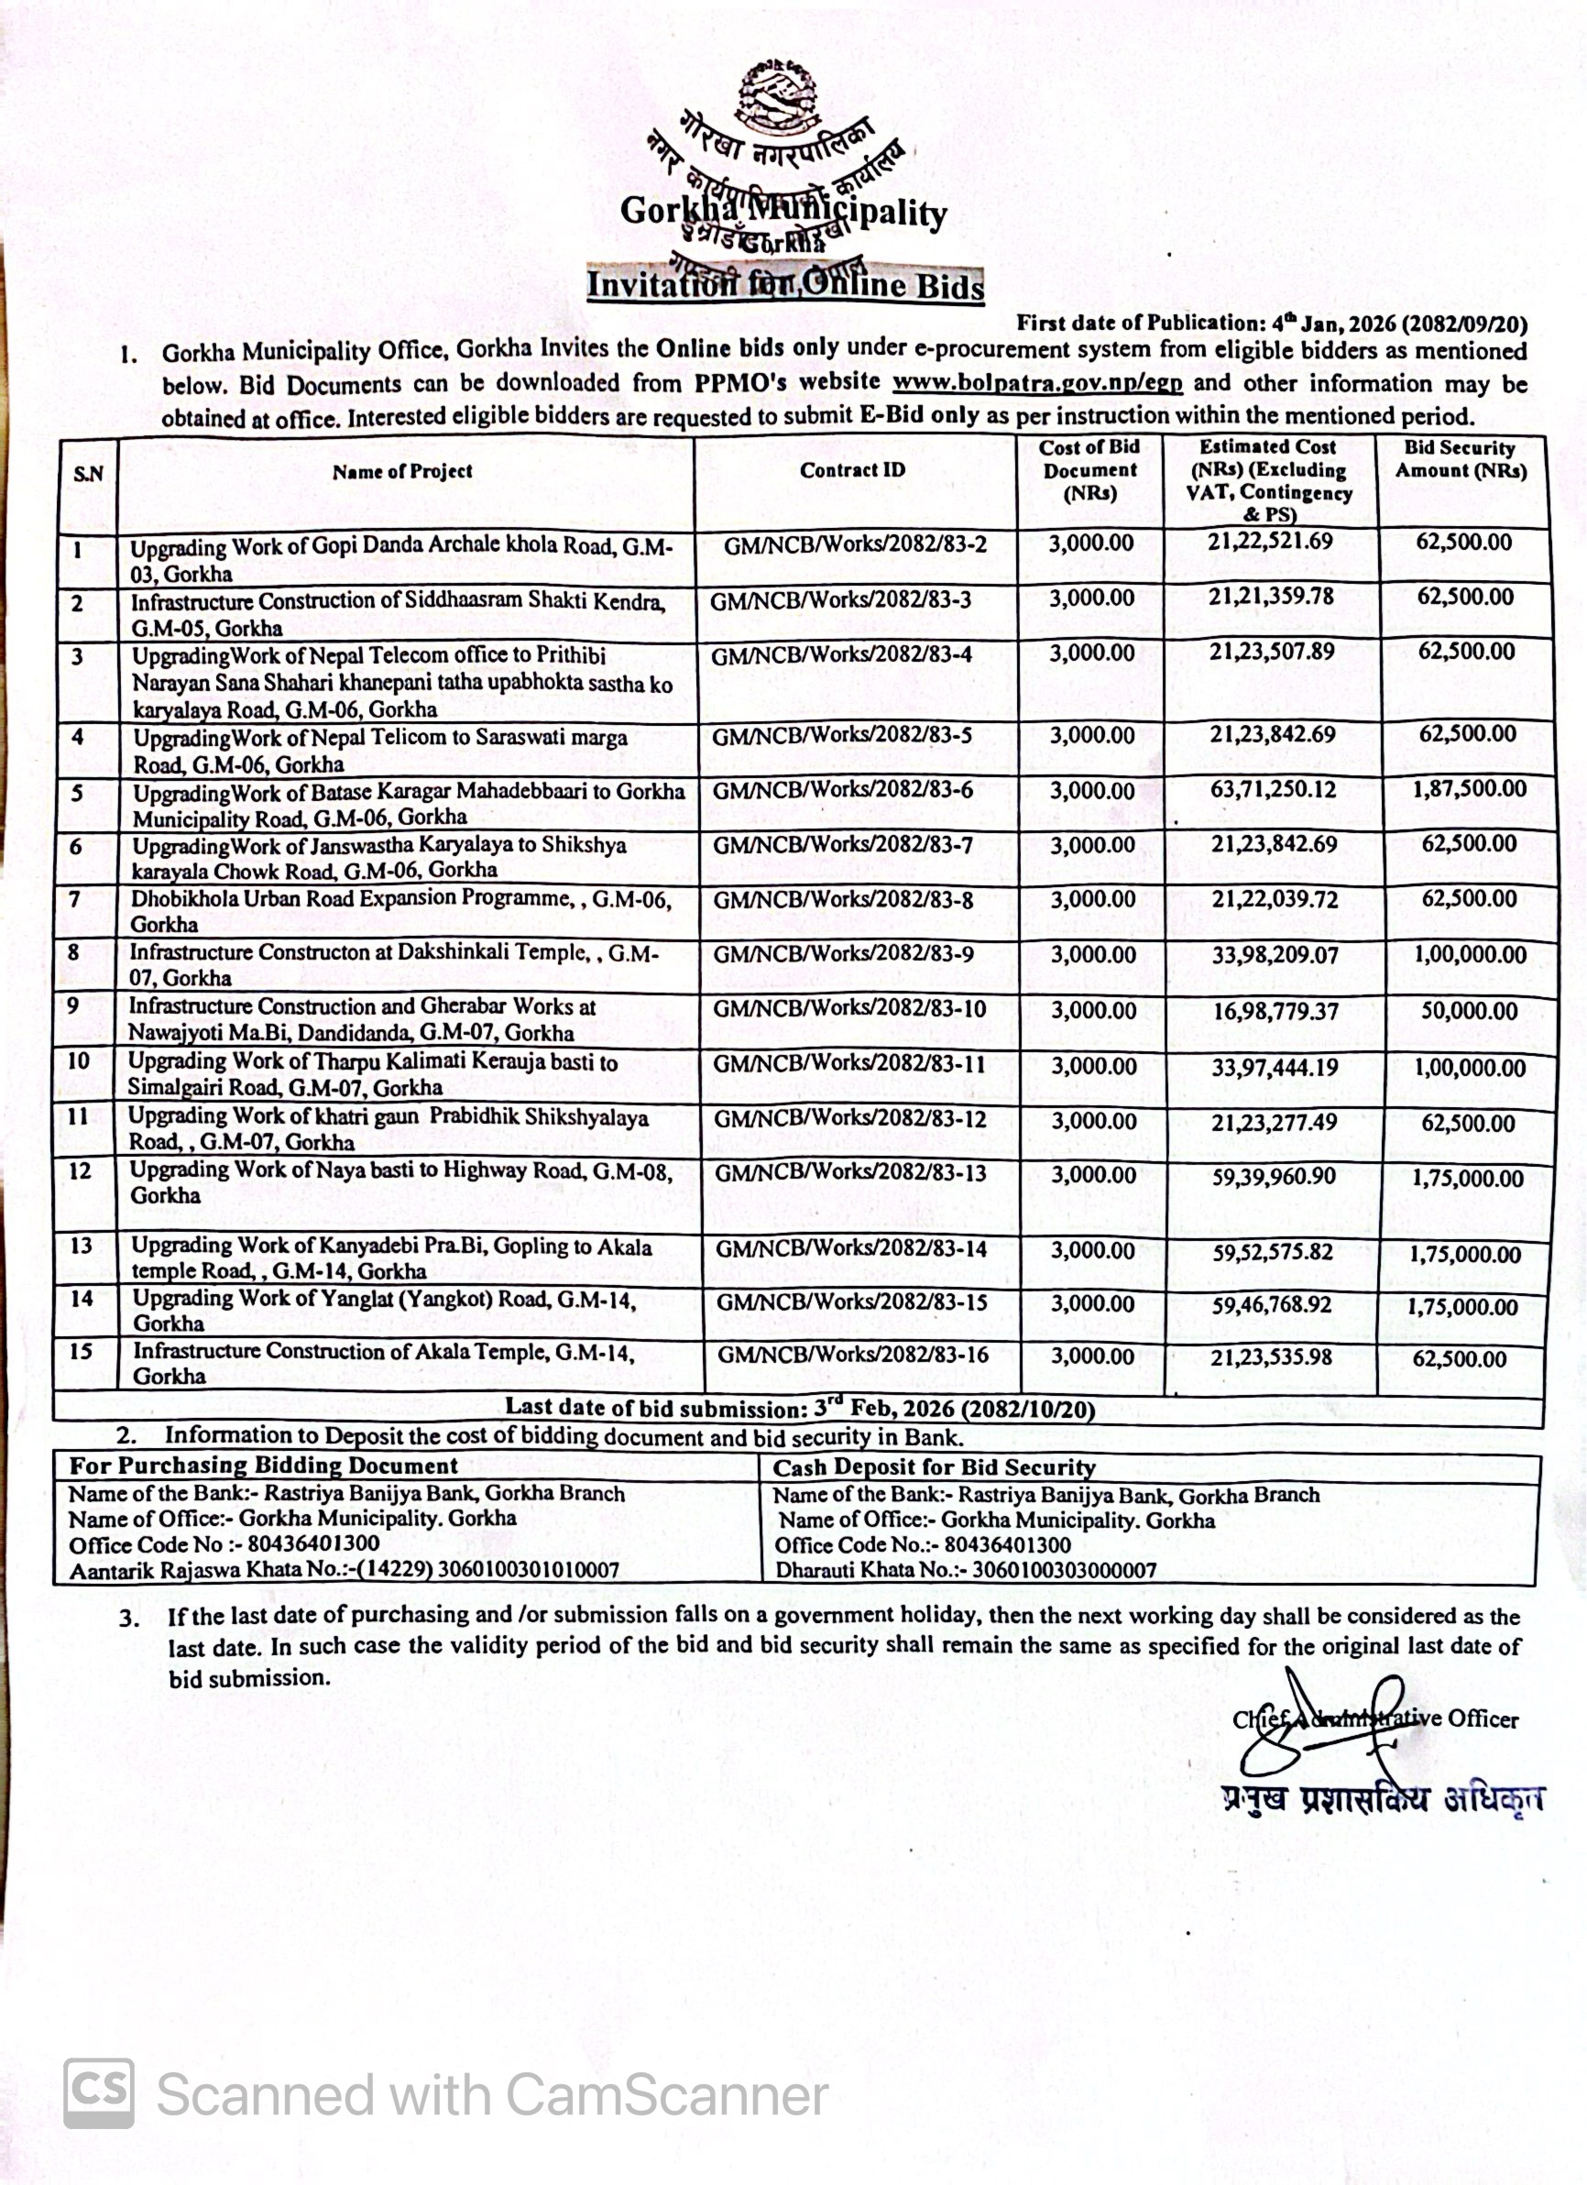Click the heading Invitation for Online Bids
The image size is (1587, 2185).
pyautogui.click(x=785, y=286)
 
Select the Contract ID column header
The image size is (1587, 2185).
pyautogui.click(x=852, y=470)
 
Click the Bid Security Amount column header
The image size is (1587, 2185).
pyautogui.click(x=1460, y=459)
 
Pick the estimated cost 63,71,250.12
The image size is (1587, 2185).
pyautogui.click(x=1272, y=790)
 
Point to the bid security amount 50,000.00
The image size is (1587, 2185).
pyautogui.click(x=1469, y=1012)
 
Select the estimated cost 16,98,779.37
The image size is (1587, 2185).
pyautogui.click(x=1272, y=1012)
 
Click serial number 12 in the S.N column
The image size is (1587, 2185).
pyautogui.click(x=80, y=1170)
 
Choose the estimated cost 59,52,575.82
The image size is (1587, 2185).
pyautogui.click(x=1272, y=1252)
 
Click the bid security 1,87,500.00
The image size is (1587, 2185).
pyautogui.click(x=1469, y=789)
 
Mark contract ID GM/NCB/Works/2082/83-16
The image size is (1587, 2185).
pyautogui.click(x=852, y=1355)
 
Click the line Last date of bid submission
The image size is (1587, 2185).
pyautogui.click(x=799, y=1409)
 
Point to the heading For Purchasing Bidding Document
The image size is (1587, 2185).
pyautogui.click(x=263, y=1466)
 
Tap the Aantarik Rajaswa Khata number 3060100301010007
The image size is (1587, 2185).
pyautogui.click(x=528, y=1569)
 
